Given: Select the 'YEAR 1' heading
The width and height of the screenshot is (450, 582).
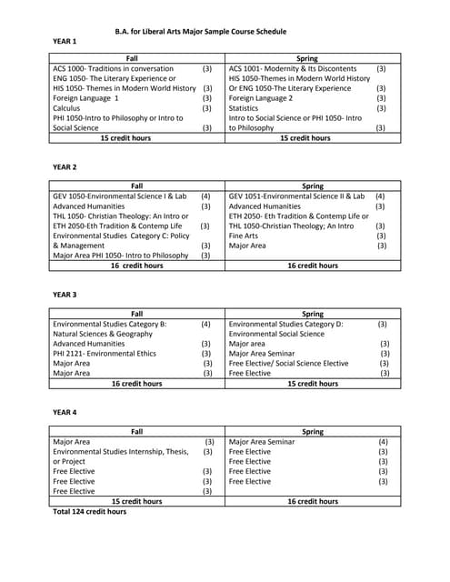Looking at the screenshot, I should tap(65, 42).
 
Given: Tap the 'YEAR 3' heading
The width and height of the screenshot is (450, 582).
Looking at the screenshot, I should tap(65, 295).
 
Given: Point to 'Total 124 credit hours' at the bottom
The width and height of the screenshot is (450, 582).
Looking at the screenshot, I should tap(90, 512).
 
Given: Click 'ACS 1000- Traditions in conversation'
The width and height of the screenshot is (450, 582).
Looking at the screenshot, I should tap(113, 68).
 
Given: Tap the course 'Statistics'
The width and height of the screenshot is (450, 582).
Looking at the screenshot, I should tap(245, 108).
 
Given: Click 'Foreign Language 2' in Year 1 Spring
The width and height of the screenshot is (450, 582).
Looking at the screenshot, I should tap(261, 98).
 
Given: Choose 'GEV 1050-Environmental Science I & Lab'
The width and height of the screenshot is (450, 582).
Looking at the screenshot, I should tap(120, 196).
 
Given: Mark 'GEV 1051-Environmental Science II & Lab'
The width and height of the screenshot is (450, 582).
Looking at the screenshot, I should tap(296, 196).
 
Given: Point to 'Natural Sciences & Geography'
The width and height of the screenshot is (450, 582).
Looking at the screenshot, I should tap(103, 334).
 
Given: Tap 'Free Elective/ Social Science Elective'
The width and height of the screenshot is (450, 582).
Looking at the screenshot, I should tap(288, 363).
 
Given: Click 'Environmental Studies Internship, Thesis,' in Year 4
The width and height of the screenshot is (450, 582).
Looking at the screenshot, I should tap(121, 451).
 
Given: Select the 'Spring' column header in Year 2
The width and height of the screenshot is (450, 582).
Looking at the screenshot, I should tap(312, 186).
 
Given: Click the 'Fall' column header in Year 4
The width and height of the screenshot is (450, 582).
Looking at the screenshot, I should tap(136, 431).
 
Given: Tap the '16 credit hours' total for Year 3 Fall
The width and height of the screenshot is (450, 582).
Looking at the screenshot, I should tap(136, 384).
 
